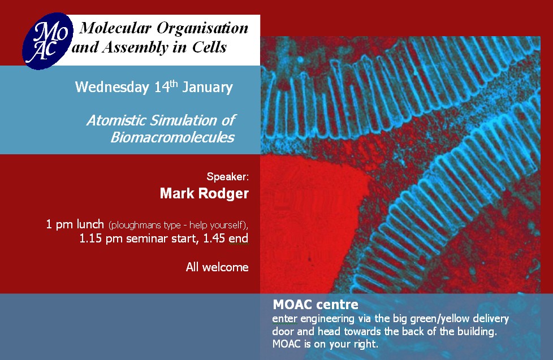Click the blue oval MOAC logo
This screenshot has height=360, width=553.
(x=48, y=41)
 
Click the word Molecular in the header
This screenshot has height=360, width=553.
(x=115, y=28)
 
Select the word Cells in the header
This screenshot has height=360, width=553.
(x=209, y=47)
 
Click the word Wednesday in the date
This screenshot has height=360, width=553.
(x=112, y=88)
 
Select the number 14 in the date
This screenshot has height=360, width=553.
(x=162, y=87)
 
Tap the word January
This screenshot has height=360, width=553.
(x=208, y=88)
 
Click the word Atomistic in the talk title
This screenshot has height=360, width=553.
(x=116, y=120)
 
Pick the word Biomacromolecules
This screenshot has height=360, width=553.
(x=172, y=137)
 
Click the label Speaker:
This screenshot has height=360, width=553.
(x=227, y=177)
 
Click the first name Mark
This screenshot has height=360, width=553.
(x=177, y=194)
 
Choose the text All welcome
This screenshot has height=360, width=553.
(x=217, y=267)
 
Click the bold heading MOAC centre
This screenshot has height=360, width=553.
(x=316, y=304)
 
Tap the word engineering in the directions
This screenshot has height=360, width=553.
(x=327, y=319)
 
